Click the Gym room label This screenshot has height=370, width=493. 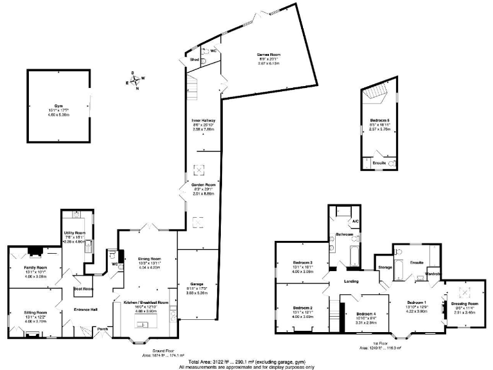click(x=60, y=105)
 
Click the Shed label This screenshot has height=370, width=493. click(x=193, y=60)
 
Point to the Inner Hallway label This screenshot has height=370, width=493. click(x=203, y=120)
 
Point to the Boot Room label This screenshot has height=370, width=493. click(x=83, y=288)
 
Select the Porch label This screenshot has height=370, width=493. click(x=103, y=329)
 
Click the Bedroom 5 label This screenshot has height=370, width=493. click(x=380, y=120)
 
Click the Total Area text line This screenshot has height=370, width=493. click(x=246, y=362)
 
